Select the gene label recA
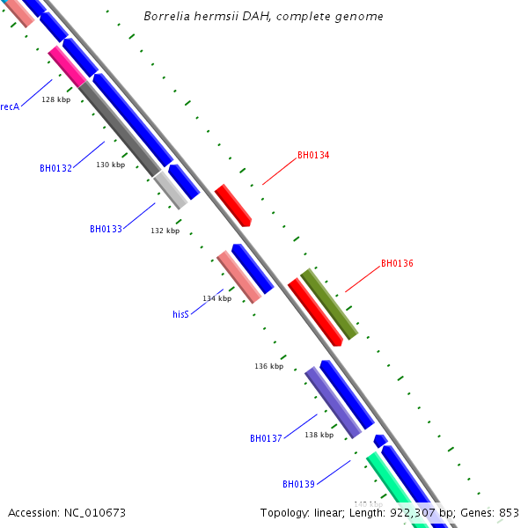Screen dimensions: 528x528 (10, 106)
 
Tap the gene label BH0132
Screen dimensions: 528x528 (55, 168)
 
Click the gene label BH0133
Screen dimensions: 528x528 (106, 229)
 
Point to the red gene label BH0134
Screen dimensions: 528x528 (313, 156)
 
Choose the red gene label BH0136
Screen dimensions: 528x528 (397, 263)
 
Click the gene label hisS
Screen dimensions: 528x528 (180, 314)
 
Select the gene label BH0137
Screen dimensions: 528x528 (266, 438)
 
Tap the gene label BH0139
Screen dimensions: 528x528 (298, 484)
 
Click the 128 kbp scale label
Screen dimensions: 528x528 (56, 99)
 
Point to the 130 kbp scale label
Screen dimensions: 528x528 (111, 165)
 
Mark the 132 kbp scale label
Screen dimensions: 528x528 (165, 231)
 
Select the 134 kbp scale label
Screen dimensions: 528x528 (217, 298)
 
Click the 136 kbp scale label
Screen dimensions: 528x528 (269, 366)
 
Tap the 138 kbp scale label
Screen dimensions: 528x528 (319, 435)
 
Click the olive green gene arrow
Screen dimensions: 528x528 (329, 304)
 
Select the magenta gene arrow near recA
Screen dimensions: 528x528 (67, 66)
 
